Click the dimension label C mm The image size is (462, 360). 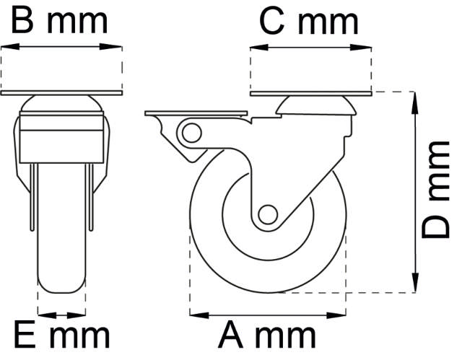click(x=308, y=21)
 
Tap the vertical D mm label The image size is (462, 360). click(x=437, y=190)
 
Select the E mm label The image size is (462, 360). click(x=61, y=336)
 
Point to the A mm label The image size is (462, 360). click(x=268, y=336)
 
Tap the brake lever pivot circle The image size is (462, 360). click(x=191, y=132)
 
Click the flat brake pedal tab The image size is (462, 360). click(x=195, y=114)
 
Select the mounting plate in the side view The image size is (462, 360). click(x=311, y=95)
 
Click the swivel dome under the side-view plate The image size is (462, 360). click(x=316, y=107)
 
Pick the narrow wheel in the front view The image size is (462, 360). click(x=61, y=238)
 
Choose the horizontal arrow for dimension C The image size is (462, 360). click(x=311, y=46)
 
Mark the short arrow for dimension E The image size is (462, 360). click(x=61, y=314)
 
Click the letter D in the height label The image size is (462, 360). click(x=437, y=224)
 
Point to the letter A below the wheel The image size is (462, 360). click(x=232, y=336)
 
